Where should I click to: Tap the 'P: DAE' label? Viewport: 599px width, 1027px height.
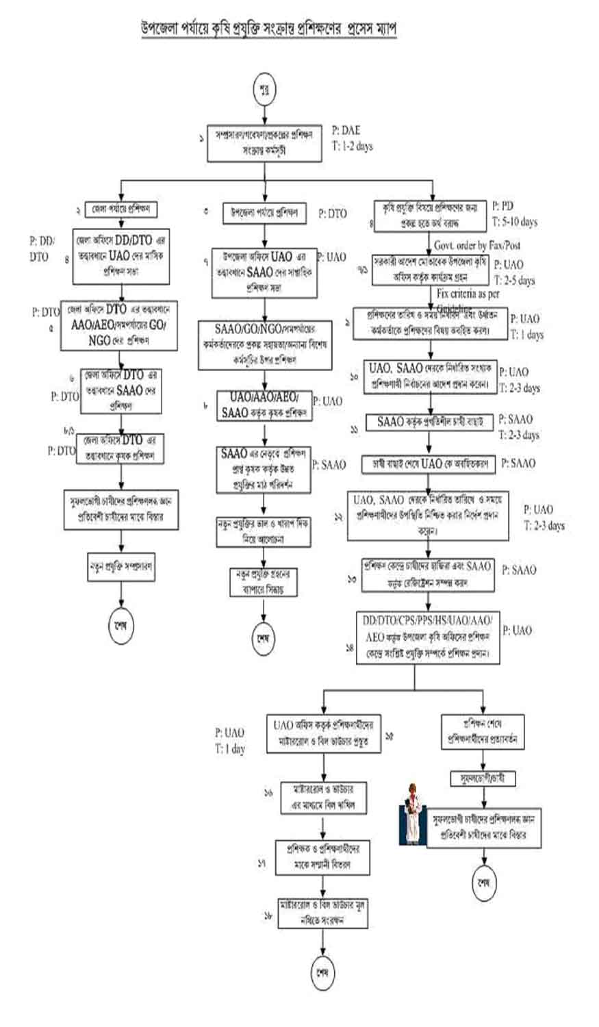pyautogui.click(x=346, y=130)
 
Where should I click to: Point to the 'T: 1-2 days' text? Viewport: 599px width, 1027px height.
pyautogui.click(x=353, y=146)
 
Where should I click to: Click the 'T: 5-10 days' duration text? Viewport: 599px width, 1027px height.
pyautogui.click(x=514, y=221)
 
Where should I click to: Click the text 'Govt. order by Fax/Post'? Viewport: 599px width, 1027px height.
pyautogui.click(x=476, y=244)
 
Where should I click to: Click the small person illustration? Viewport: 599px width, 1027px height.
pyautogui.click(x=413, y=813)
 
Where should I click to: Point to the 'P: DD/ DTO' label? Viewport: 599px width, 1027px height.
pyautogui.click(x=42, y=249)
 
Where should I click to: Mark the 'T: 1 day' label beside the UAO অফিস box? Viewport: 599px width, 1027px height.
pyautogui.click(x=229, y=749)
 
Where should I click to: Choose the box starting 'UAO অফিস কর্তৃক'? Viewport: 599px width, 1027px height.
pyautogui.click(x=324, y=733)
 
